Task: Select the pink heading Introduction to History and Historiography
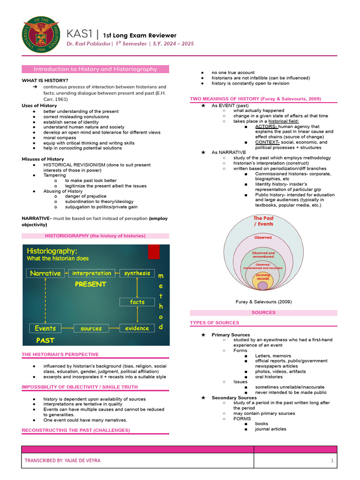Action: pos(95,69)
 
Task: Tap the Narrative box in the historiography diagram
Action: pos(45,273)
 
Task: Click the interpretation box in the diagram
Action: pos(92,273)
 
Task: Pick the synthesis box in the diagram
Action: pos(137,273)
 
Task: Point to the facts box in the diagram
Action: pos(137,302)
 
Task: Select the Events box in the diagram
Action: pos(45,328)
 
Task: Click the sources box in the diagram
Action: pos(91,328)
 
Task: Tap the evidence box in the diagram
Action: pos(137,328)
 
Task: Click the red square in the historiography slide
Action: pos(154,252)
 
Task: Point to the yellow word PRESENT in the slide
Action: pos(90,284)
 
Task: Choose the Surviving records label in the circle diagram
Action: pos(263,277)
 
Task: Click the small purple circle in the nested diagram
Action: pos(263,285)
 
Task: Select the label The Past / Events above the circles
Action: pos(263,221)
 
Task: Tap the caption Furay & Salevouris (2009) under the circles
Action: pos(263,301)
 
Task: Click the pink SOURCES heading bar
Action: pos(263,312)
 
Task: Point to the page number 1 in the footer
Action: pos(332,460)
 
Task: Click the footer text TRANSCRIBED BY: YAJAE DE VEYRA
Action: pos(62,460)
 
